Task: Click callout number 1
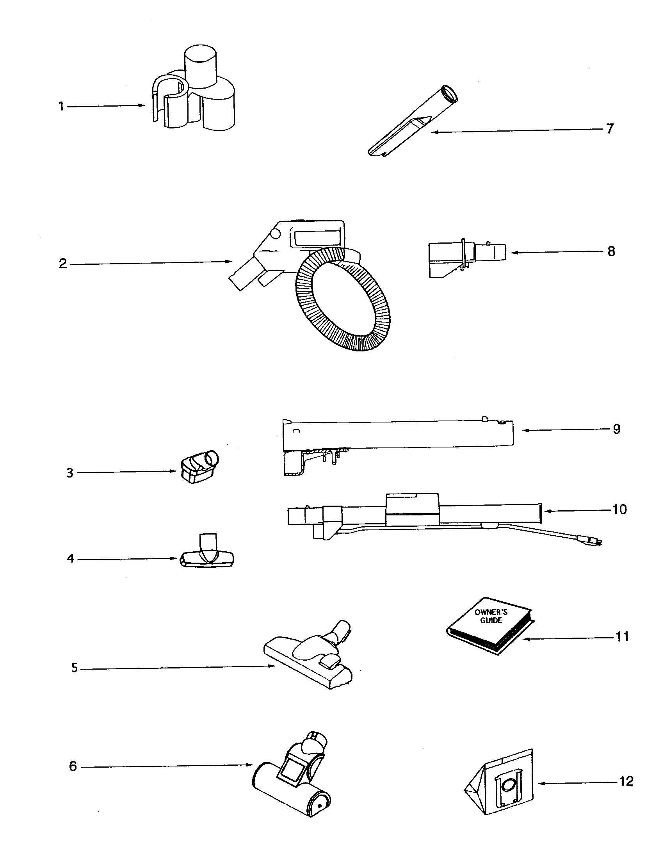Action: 61,106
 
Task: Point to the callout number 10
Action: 619,509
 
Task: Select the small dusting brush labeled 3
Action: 199,468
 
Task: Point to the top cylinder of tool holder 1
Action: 200,65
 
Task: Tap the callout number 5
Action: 75,668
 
